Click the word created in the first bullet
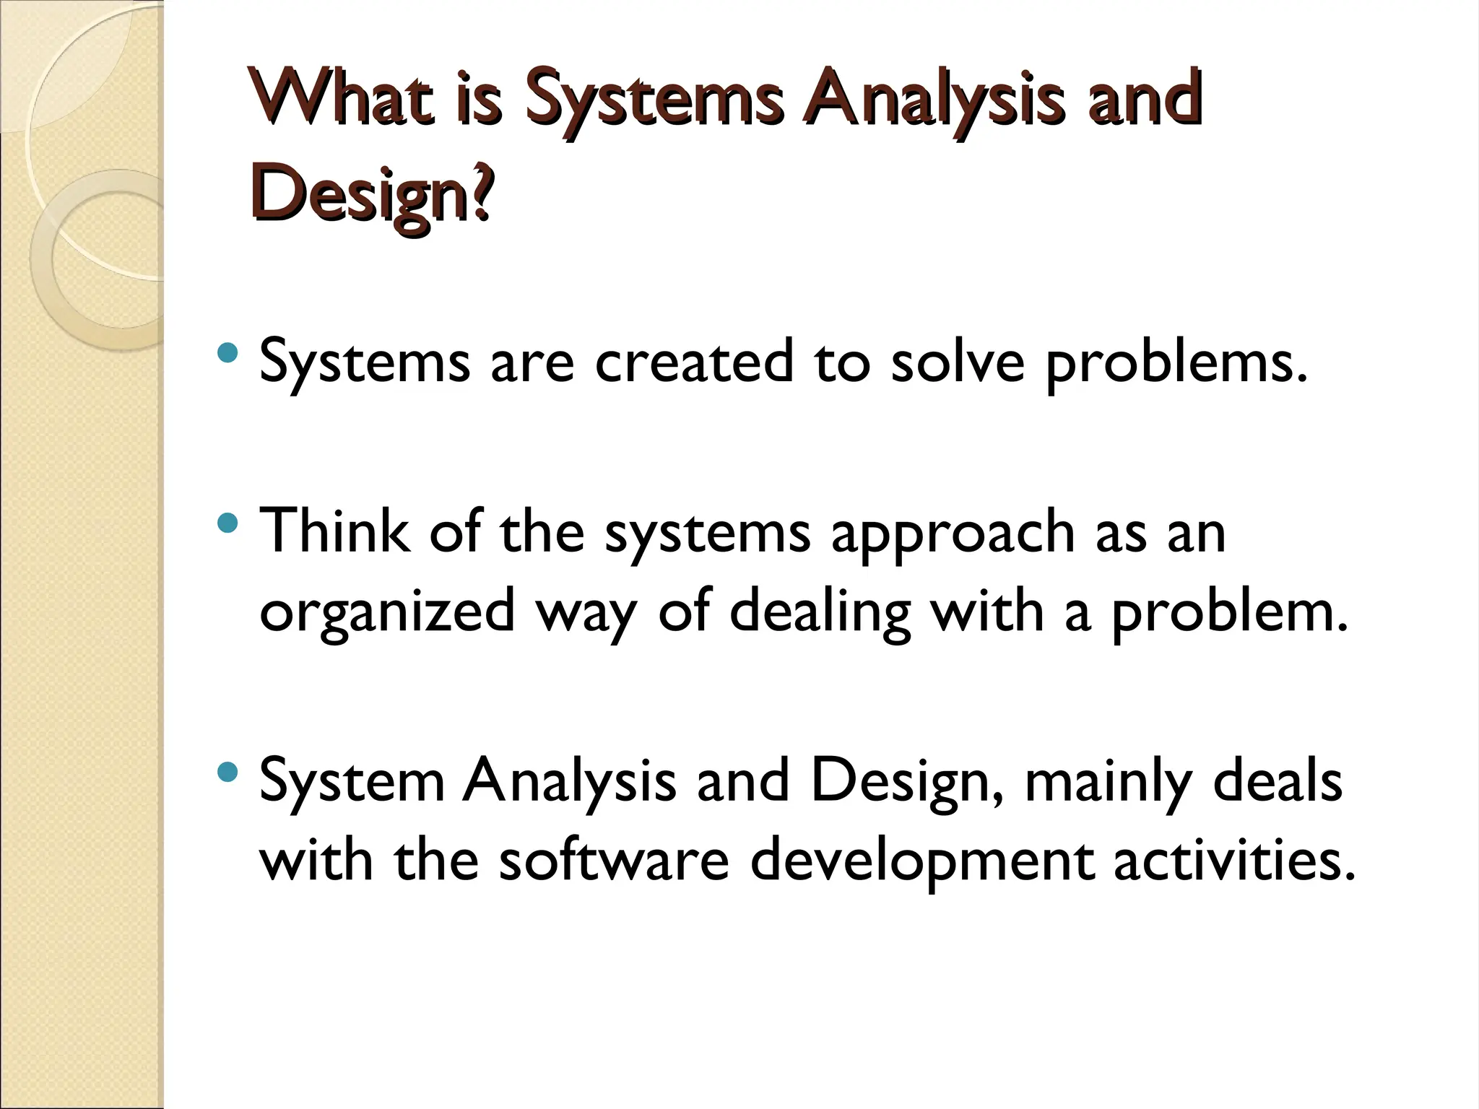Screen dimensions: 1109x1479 [x=693, y=361]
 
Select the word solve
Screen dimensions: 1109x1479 [x=957, y=361]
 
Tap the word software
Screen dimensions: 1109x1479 [x=614, y=861]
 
